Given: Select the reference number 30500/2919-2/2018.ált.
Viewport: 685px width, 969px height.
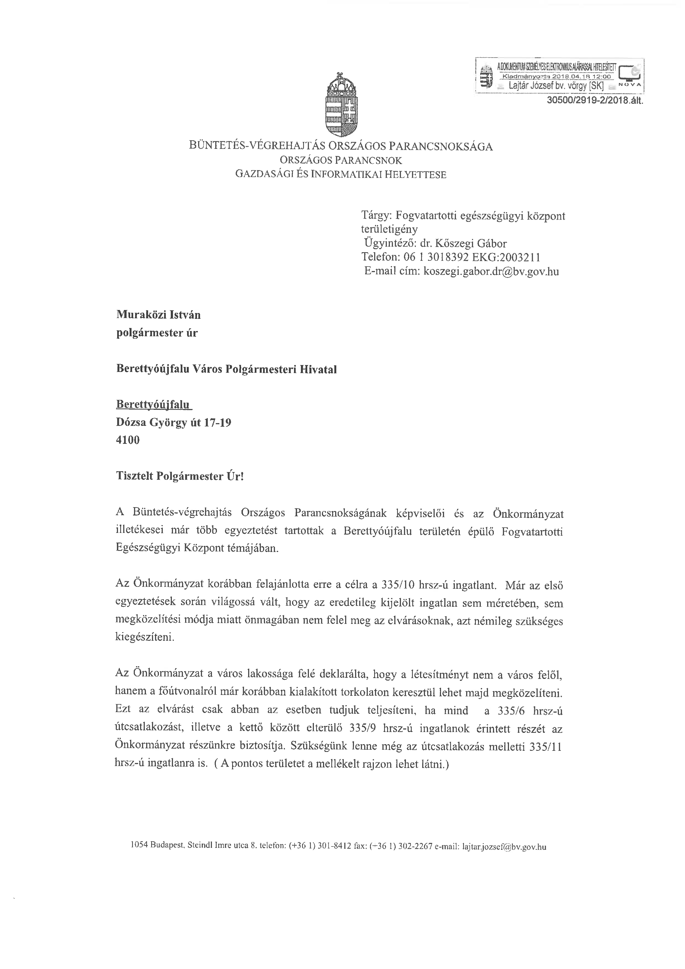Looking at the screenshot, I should coord(594,100).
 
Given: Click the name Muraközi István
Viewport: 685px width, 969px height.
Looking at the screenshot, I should coord(158,315).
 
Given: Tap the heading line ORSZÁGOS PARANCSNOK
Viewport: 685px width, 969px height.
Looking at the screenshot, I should coord(341,160).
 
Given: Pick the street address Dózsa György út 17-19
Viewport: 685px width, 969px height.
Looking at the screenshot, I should coord(173,423).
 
